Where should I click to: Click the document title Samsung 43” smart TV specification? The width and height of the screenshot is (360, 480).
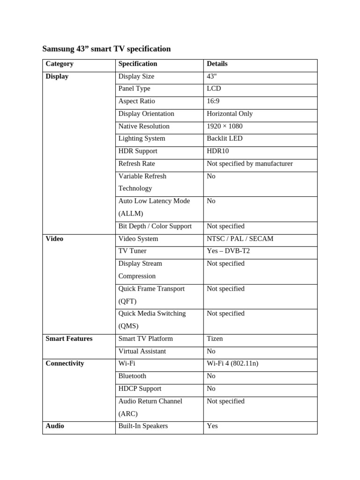point(106,49)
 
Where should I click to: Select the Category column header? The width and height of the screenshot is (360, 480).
point(60,64)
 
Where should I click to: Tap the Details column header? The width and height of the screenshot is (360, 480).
point(217,64)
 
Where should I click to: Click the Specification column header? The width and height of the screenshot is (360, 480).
point(138,64)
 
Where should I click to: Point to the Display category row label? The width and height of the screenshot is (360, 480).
point(57,76)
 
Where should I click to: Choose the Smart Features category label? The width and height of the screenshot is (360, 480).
point(69,338)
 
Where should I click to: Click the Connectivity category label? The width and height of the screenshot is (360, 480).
point(65,363)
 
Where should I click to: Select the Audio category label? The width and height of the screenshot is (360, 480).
point(55,426)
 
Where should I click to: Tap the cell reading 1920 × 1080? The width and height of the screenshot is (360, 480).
point(225,126)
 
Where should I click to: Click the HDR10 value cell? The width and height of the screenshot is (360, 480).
point(218,151)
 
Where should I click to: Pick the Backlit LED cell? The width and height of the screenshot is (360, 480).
point(225,138)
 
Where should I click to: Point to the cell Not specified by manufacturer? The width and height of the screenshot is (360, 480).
point(249,164)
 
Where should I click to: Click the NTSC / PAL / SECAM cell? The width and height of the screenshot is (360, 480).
point(240,239)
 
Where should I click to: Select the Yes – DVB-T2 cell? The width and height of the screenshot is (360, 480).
point(228,251)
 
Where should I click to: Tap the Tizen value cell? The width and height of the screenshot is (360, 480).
point(215,338)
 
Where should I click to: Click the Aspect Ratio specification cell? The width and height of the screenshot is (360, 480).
point(136,101)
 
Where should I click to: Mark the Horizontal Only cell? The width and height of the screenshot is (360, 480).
point(230,113)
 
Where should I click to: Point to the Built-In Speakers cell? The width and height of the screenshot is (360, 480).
point(143,426)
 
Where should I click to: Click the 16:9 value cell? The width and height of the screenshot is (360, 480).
point(213,101)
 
